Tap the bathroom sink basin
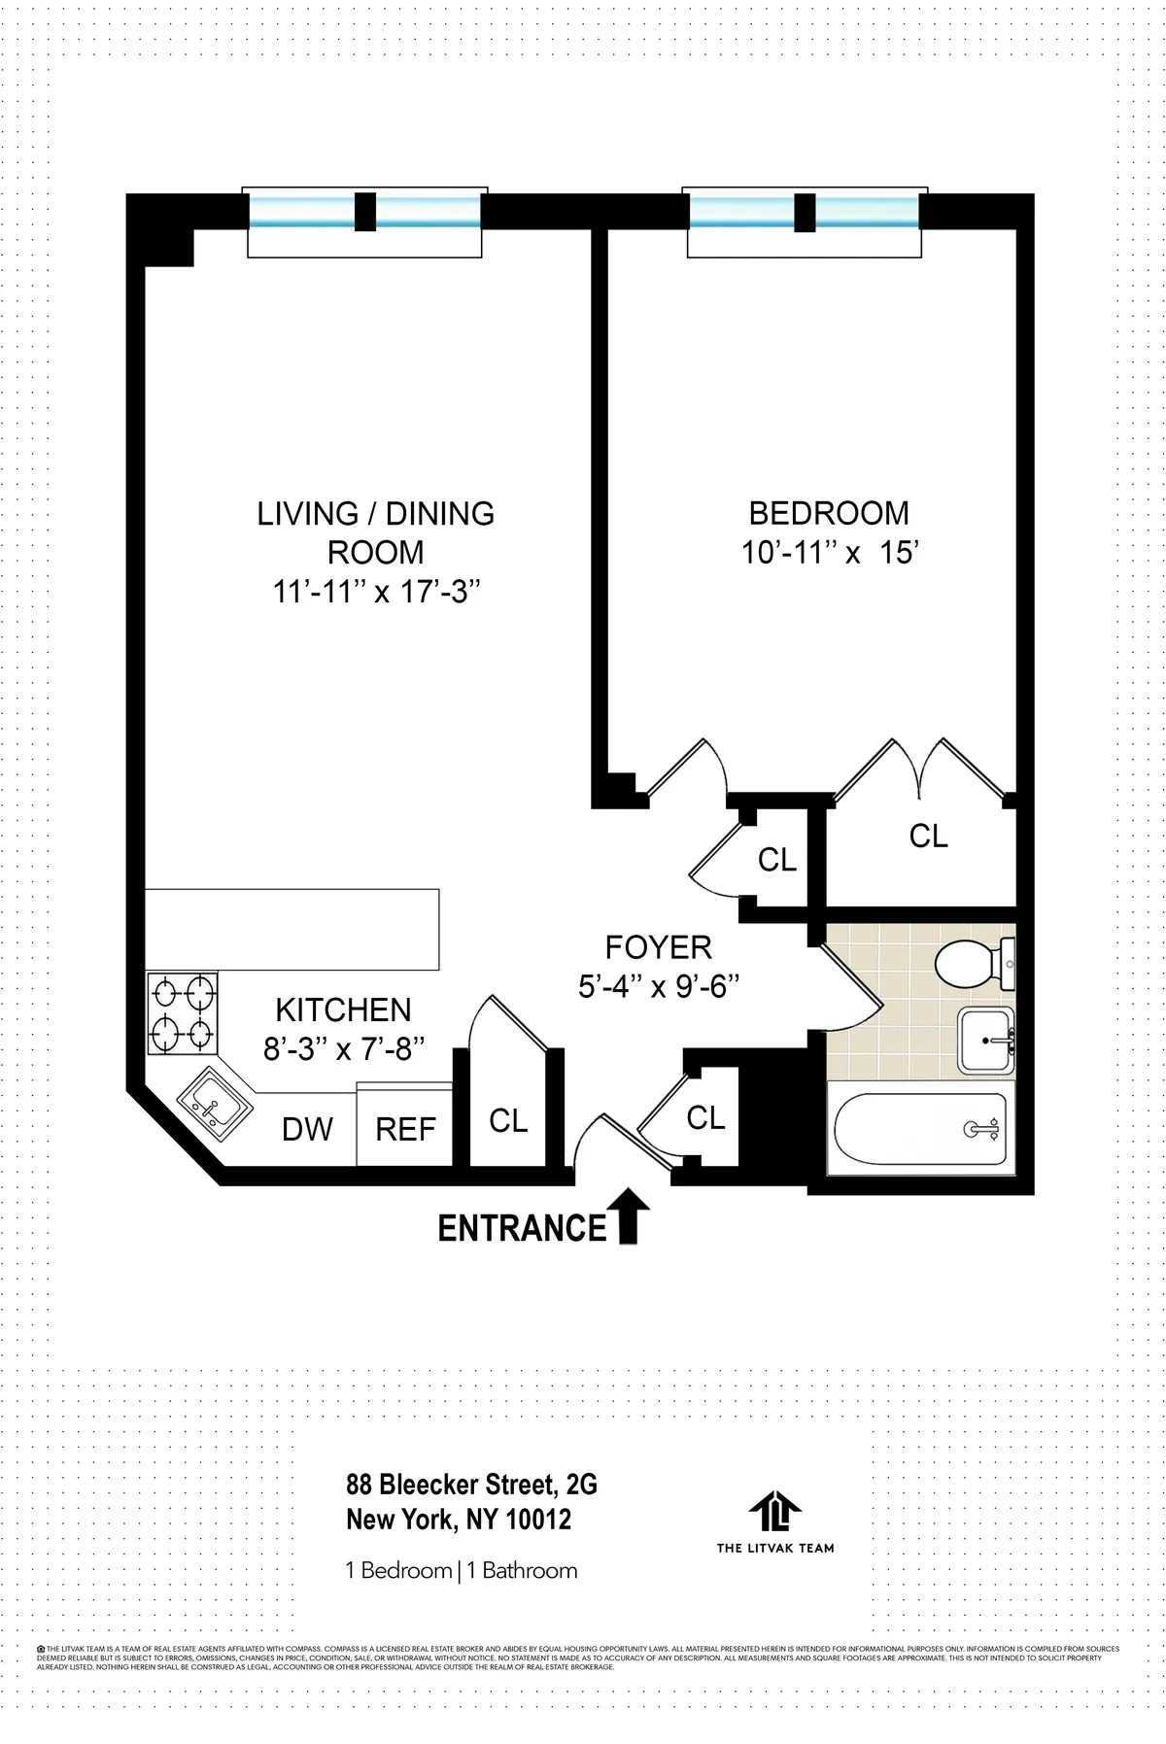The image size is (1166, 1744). coord(984,1041)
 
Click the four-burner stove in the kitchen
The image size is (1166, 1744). coord(183,1013)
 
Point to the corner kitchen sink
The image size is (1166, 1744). coord(214,1104)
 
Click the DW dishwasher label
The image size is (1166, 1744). coord(307,1129)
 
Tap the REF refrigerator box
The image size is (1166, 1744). coord(404,1127)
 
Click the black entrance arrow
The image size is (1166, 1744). coord(628,1215)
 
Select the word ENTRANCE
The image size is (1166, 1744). coord(522,1229)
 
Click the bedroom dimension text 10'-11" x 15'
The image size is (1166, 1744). coord(830,553)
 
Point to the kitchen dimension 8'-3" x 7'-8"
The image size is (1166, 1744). coord(344,1049)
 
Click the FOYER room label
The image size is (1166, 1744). coord(658,947)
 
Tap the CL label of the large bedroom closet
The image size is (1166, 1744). coord(927,837)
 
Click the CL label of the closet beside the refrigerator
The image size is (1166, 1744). coord(507,1121)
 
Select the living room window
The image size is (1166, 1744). coord(364,212)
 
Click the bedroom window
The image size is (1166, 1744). coord(804,212)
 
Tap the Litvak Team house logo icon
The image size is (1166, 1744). coord(774,1511)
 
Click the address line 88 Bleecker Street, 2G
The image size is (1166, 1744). coord(471,1485)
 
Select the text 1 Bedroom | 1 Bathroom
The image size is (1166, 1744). coord(462,1571)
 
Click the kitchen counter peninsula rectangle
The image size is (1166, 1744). coord(291,929)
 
